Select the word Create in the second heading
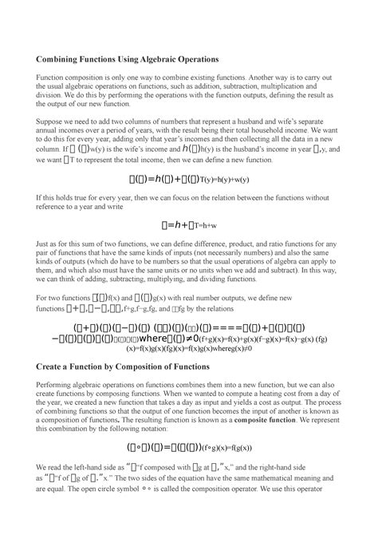[49, 366]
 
